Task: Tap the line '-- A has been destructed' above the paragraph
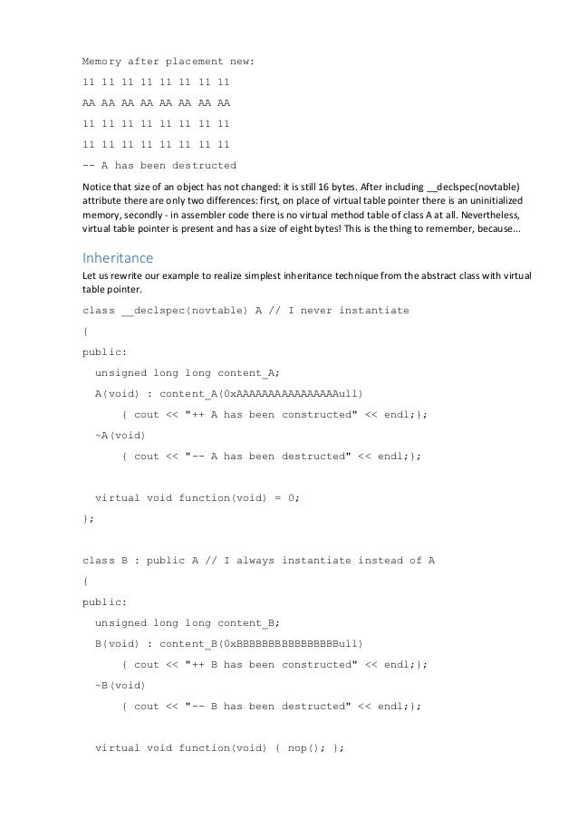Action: point(159,165)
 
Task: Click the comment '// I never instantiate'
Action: point(340,311)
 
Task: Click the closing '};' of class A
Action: point(88,519)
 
